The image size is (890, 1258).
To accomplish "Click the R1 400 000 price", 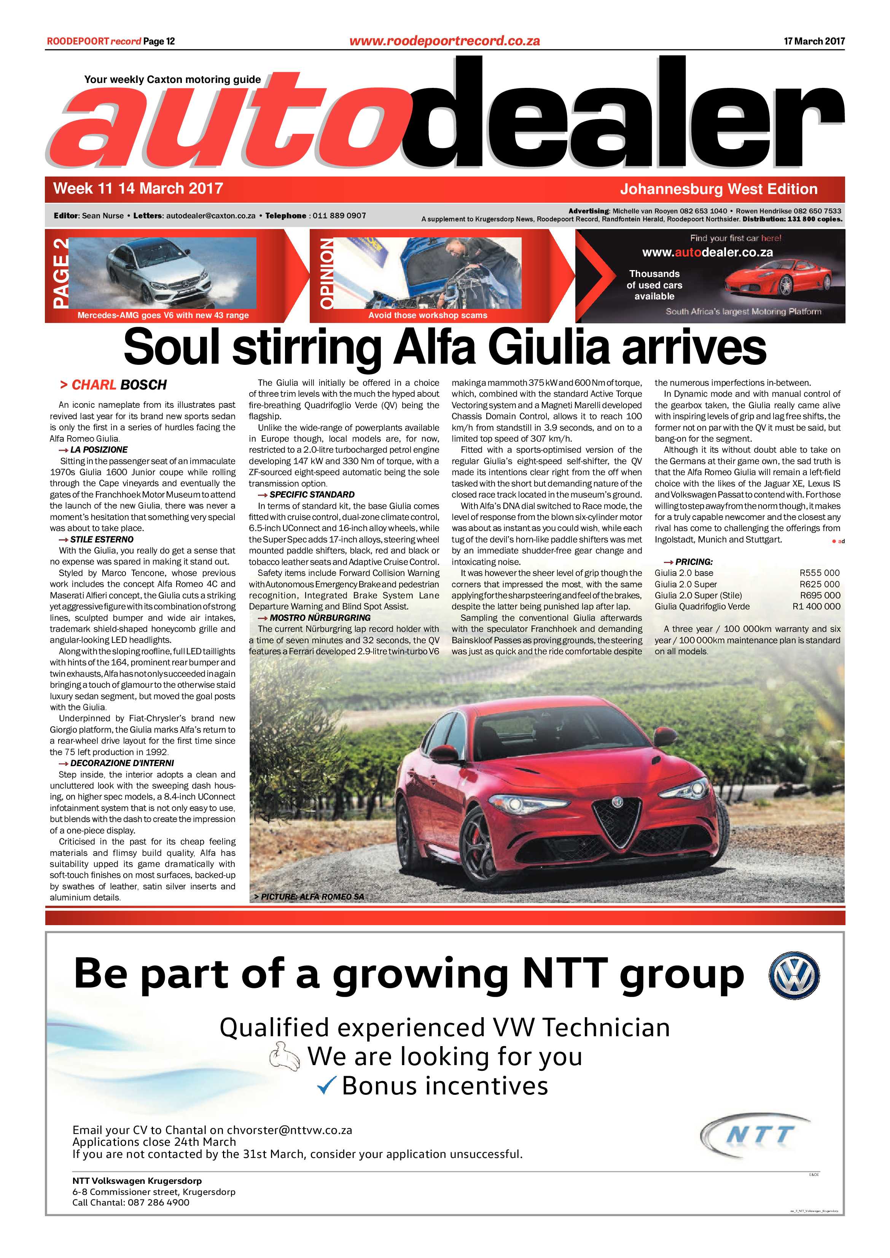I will pyautogui.click(x=816, y=606).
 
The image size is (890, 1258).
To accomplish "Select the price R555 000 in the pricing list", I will pyautogui.click(x=819, y=573).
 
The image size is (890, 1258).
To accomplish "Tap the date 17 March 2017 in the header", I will pyautogui.click(x=814, y=41).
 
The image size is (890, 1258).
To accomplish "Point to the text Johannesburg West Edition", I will pyautogui.click(x=718, y=189).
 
